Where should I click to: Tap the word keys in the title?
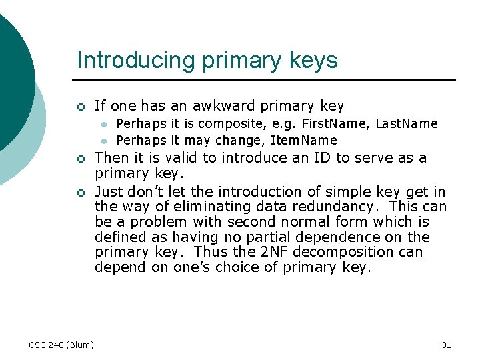(x=312, y=61)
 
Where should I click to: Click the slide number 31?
(x=446, y=345)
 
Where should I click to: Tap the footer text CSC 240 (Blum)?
(x=61, y=345)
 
